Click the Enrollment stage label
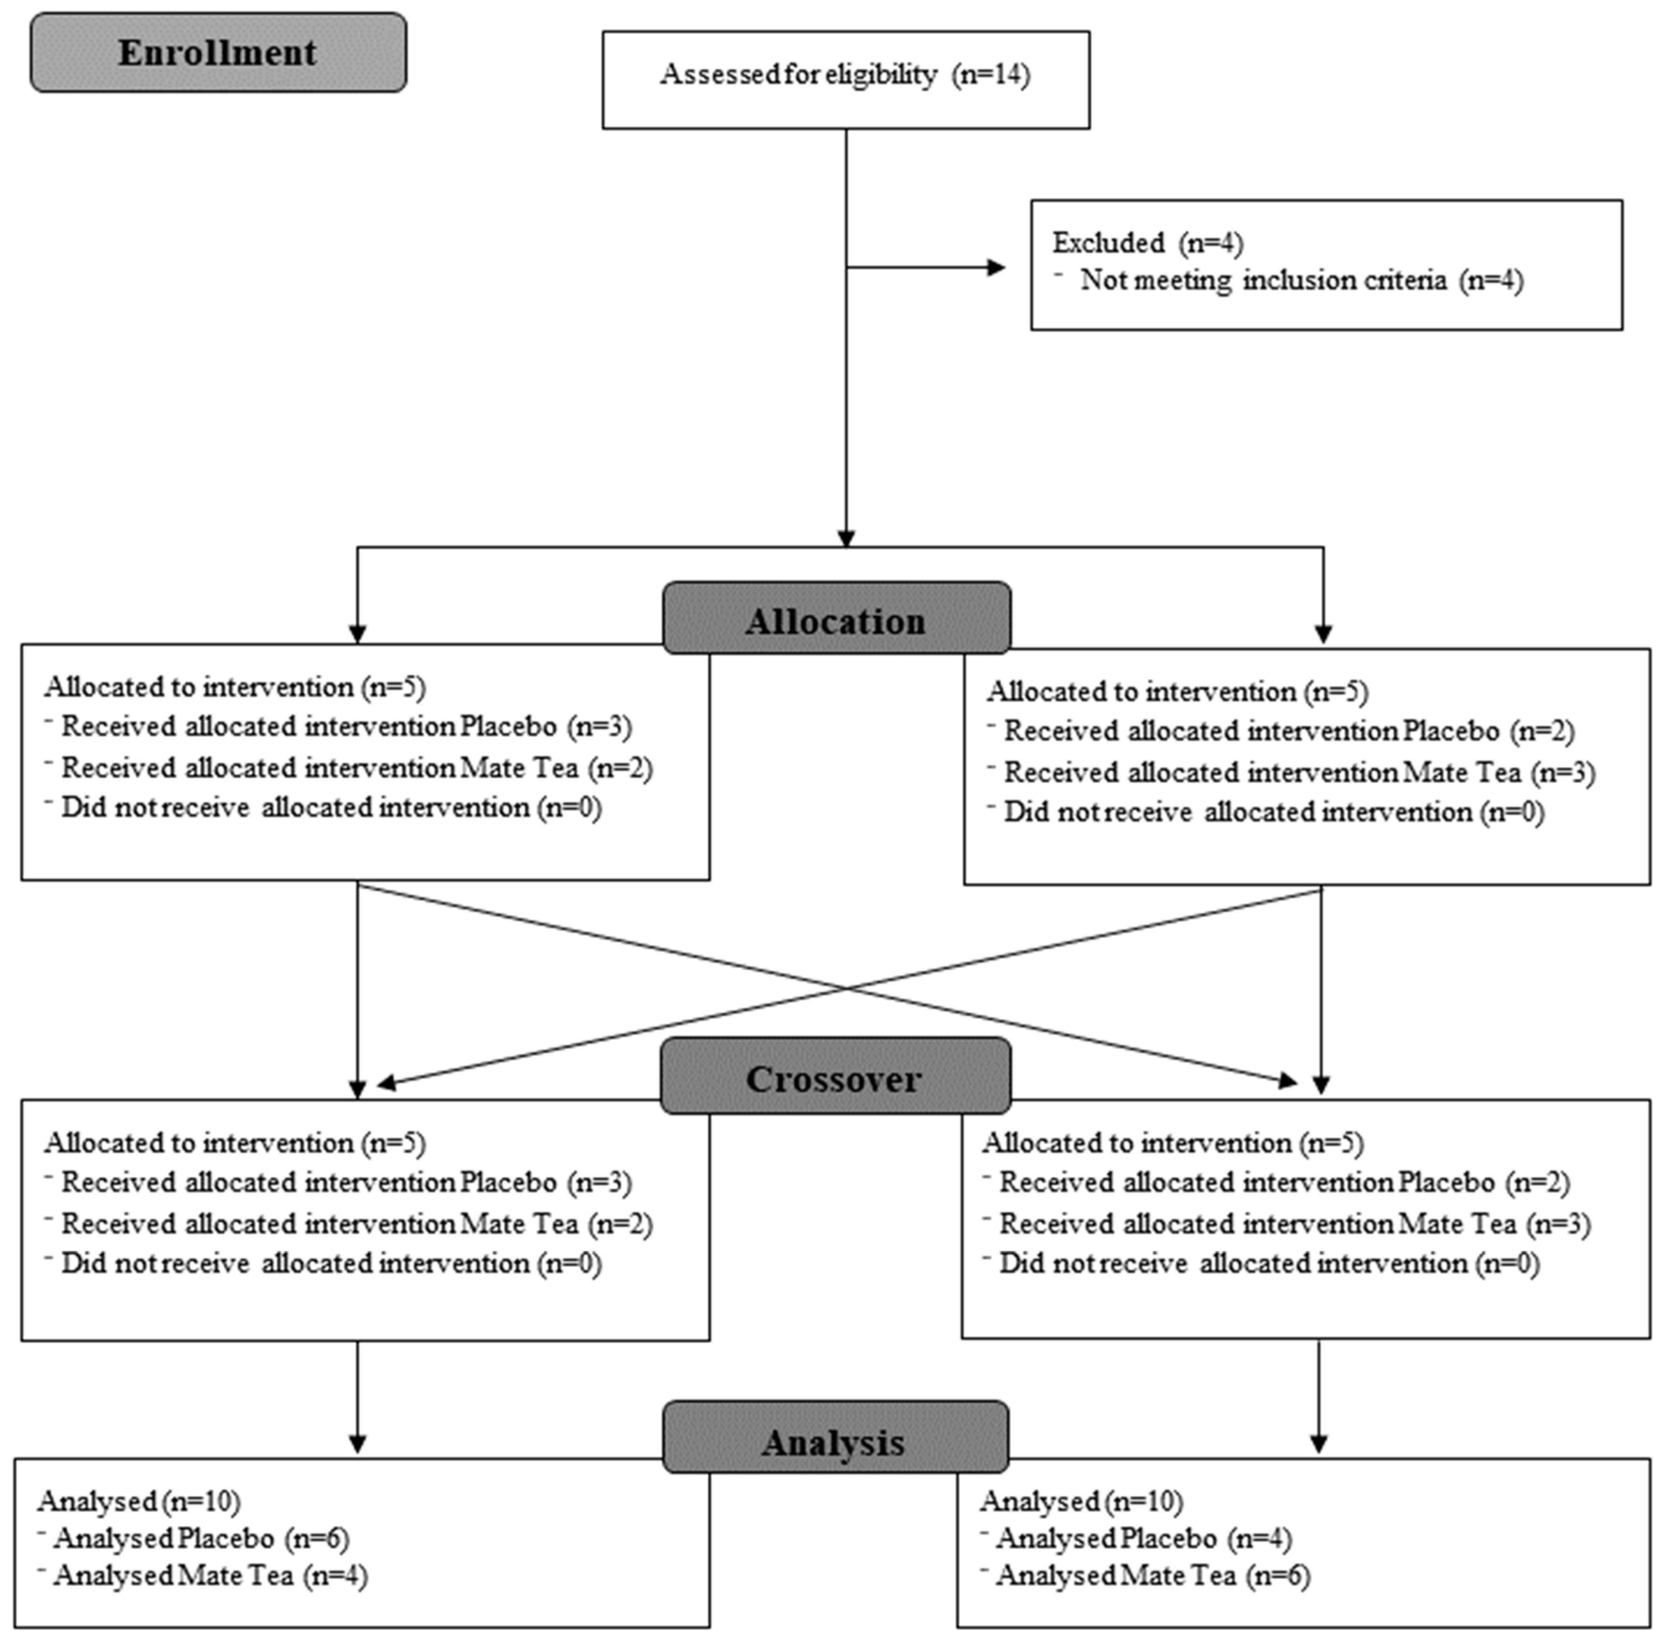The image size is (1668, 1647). tap(218, 53)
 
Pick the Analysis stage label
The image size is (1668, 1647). tap(834, 1442)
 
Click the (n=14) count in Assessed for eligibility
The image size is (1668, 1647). tap(991, 74)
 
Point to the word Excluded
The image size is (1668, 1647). tap(1108, 242)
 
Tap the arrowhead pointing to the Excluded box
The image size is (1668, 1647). tap(997, 268)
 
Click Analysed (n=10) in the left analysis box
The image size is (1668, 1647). tap(138, 1501)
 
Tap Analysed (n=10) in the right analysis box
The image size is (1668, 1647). tap(1081, 1501)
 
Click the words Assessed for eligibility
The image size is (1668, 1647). tap(798, 74)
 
